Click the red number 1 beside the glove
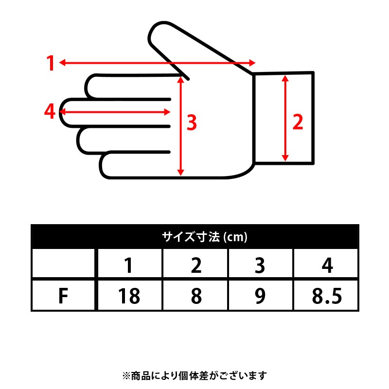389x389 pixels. (x=51, y=63)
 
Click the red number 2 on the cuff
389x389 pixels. (x=298, y=122)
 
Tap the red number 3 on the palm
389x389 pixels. (x=192, y=123)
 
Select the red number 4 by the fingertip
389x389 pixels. (x=50, y=111)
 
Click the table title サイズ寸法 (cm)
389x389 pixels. (x=205, y=237)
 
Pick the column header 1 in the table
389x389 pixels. (x=128, y=265)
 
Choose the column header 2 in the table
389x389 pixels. (x=196, y=265)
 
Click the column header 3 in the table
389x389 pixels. (x=260, y=265)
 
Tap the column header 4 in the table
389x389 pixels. (x=327, y=265)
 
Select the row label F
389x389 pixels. (x=63, y=296)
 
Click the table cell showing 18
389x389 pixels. (x=129, y=296)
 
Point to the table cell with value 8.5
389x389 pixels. (x=327, y=296)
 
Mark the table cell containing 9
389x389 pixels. (x=260, y=296)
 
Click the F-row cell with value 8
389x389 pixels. (x=196, y=296)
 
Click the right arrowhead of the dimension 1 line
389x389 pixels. (x=252, y=63)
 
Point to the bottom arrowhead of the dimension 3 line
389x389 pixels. (x=180, y=173)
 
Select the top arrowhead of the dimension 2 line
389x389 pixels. (x=285, y=78)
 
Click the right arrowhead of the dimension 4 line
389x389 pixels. (x=167, y=112)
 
